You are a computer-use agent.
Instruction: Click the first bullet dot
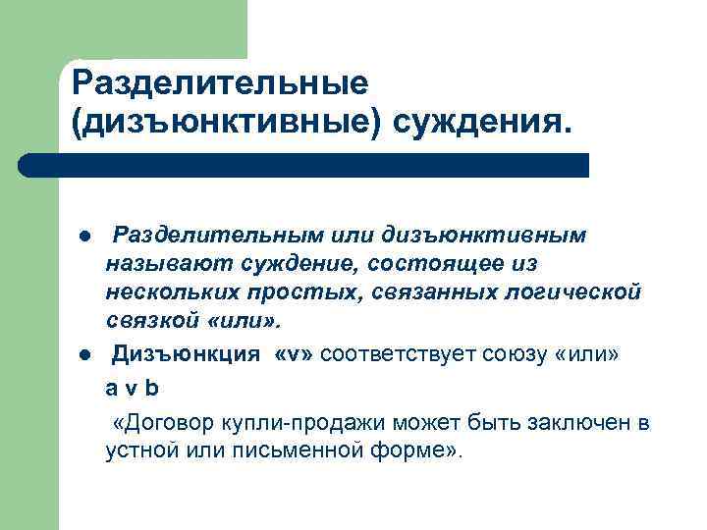click(86, 238)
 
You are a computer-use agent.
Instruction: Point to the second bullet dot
click(86, 353)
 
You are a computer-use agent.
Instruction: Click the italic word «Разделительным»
click(209, 236)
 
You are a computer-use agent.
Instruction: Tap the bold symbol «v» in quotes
click(297, 353)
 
